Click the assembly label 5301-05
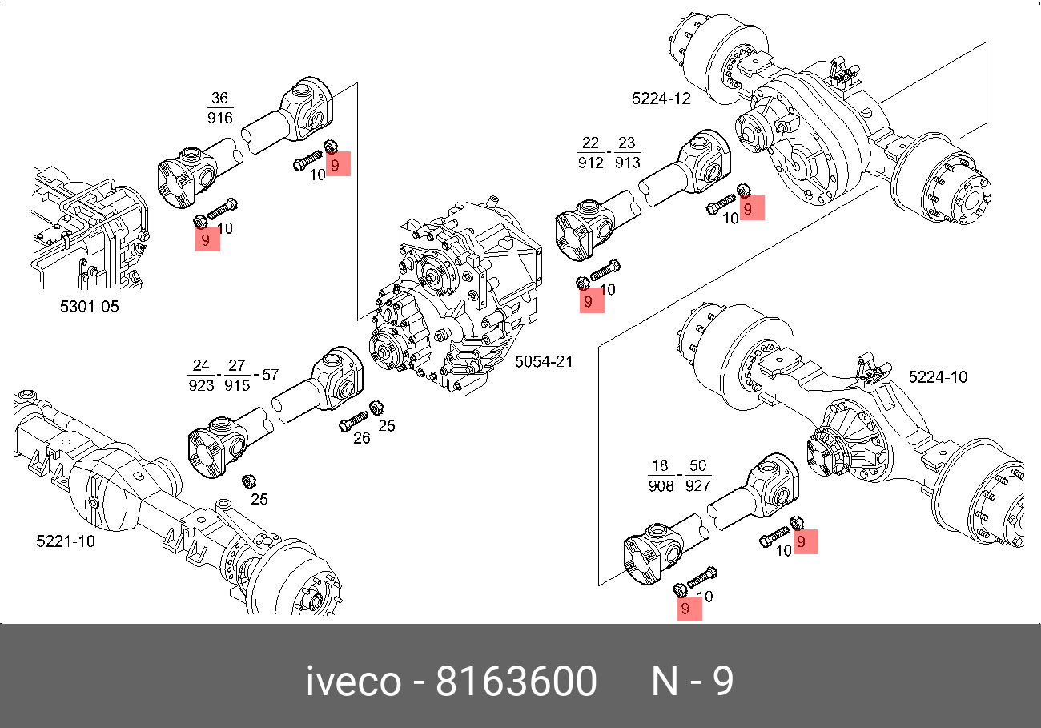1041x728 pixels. (89, 306)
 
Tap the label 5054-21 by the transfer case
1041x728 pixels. (544, 361)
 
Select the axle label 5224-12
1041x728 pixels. (661, 99)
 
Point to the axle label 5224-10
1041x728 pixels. (938, 376)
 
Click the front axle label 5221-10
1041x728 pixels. (66, 541)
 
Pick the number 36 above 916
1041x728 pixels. (219, 99)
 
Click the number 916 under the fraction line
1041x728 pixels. (219, 118)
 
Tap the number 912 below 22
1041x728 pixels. (590, 163)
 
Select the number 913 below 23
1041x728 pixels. (627, 163)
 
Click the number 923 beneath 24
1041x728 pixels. (201, 385)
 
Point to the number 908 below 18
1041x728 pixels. (661, 485)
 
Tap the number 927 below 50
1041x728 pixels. (697, 485)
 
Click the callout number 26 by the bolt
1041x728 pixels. (361, 438)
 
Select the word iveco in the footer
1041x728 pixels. (354, 682)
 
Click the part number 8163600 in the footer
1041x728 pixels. (516, 682)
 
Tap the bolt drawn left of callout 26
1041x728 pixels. (352, 420)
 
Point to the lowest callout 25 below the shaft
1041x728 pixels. (259, 499)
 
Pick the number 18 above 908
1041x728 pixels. (660, 466)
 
